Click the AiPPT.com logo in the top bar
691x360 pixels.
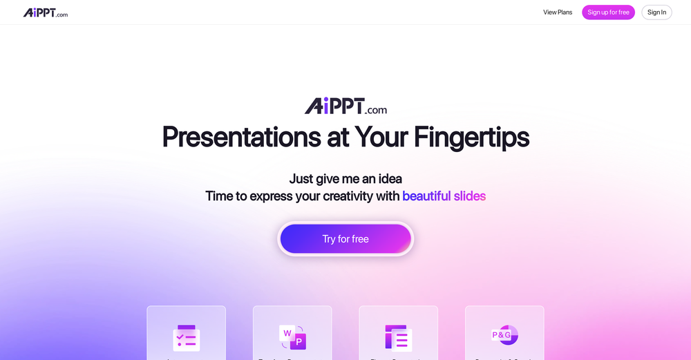tap(46, 12)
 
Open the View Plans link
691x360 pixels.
tap(558, 12)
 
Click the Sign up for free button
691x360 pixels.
tap(608, 12)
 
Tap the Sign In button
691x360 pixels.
tap(656, 12)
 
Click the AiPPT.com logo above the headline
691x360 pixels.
tap(345, 106)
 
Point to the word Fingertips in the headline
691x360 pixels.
tap(471, 137)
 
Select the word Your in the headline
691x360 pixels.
tap(381, 137)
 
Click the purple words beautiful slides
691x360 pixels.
tap(444, 196)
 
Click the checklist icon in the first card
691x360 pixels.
tap(186, 337)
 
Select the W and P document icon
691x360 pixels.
tap(292, 337)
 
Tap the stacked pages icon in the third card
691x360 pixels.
tap(398, 337)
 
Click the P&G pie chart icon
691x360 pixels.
tap(504, 335)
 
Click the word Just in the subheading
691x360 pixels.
tap(301, 179)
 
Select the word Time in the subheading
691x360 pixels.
tap(219, 196)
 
